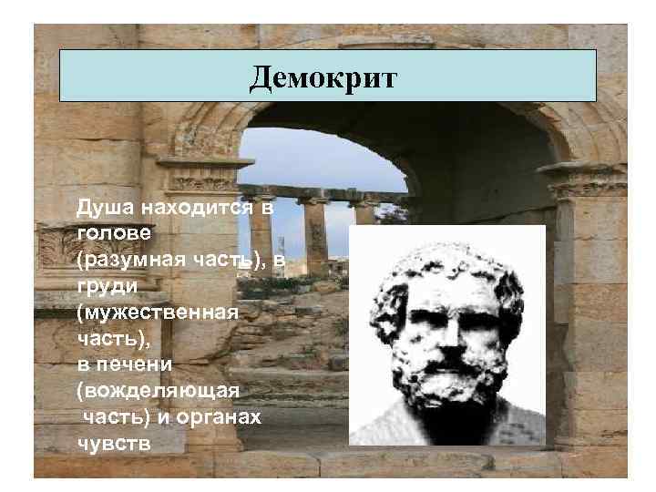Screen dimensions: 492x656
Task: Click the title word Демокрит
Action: pos(323,77)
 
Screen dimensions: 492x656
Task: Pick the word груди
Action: pos(106,286)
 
